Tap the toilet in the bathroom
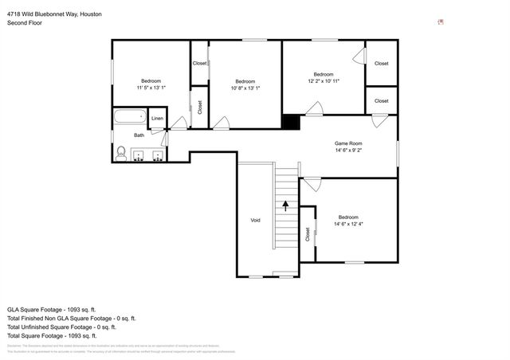(121, 152)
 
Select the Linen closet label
(158, 119)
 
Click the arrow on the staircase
(285, 205)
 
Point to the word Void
(255, 220)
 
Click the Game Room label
(348, 143)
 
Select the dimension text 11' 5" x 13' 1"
(151, 88)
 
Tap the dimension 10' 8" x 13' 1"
(245, 88)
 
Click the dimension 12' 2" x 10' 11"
(324, 81)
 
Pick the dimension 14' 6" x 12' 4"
(348, 224)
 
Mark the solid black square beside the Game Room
(292, 122)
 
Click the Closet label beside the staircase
(307, 234)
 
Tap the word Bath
(139, 135)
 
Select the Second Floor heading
(25, 24)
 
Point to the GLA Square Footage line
(52, 309)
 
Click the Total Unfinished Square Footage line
(61, 327)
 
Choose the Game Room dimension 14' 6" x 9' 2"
(348, 150)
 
